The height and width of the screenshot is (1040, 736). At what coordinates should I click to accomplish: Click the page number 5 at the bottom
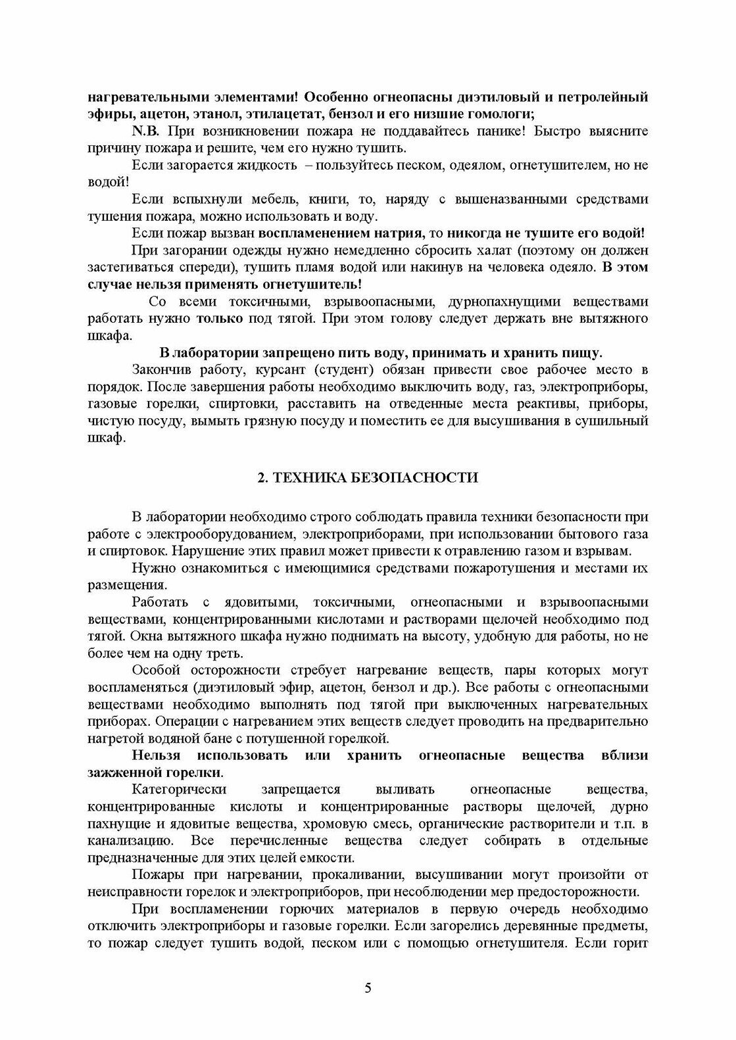pyautogui.click(x=368, y=970)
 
